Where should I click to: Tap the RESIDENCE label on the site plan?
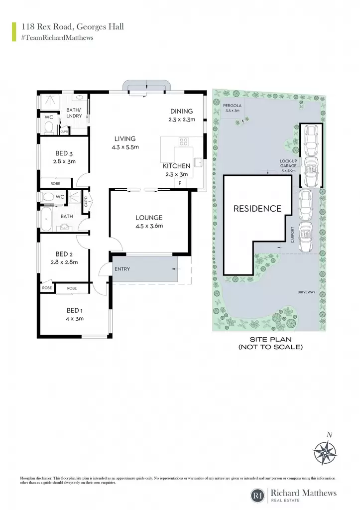point(257,209)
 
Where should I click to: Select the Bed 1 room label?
point(75,311)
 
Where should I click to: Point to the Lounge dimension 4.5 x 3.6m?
point(149,226)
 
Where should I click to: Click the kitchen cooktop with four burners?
point(183,141)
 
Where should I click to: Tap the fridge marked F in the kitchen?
point(180,183)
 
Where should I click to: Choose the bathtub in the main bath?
point(46,219)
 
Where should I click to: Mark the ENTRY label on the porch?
point(122,269)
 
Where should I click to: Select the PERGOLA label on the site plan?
point(232,106)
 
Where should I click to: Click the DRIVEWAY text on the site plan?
point(306,292)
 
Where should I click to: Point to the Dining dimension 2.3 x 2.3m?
point(182,120)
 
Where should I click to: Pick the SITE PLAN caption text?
point(270,340)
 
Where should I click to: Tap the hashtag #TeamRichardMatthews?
point(57,38)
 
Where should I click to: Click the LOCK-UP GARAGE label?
point(288,163)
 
